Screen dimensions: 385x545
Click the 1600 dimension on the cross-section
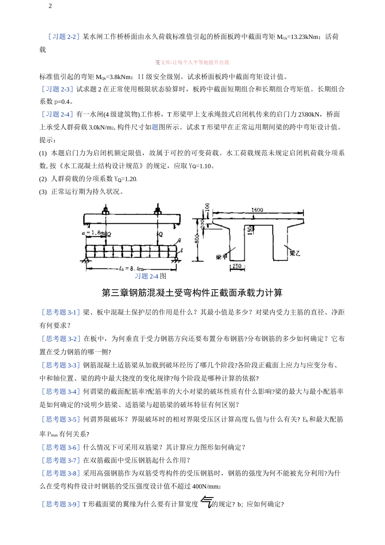[x=257, y=210]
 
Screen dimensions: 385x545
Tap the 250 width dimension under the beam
[x=237, y=266]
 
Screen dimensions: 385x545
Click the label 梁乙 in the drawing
[x=295, y=253]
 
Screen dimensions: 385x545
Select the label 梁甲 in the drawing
[x=221, y=257]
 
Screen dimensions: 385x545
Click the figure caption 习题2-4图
[x=150, y=276]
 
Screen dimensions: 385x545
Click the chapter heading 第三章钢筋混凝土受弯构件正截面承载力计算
[x=192, y=293]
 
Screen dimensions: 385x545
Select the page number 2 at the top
[x=50, y=6]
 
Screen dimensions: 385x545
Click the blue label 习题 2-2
[x=64, y=37]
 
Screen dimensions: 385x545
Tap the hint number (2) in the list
[x=43, y=179]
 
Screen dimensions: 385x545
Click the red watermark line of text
[x=192, y=62]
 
